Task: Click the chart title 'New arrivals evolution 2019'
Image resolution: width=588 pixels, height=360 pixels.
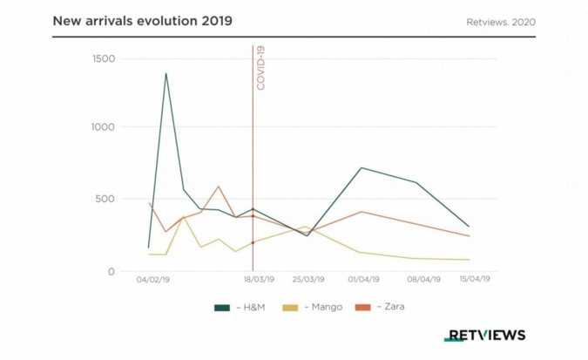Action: click(142, 19)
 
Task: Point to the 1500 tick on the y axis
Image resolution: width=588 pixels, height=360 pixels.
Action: click(104, 58)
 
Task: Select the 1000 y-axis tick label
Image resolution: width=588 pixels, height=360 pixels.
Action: click(104, 127)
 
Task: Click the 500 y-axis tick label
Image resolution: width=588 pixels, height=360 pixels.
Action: click(106, 199)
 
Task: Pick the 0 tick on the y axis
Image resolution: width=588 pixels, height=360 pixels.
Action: click(112, 271)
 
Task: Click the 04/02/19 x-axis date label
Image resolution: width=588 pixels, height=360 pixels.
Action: click(153, 280)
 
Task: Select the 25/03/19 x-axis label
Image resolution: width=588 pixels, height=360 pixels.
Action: click(308, 280)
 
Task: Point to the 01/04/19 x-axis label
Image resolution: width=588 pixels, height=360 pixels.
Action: click(362, 280)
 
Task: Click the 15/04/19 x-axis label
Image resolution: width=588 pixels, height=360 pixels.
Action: click(474, 280)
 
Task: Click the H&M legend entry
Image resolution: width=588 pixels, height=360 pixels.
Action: click(239, 307)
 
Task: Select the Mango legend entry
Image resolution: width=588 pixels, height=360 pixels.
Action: click(317, 307)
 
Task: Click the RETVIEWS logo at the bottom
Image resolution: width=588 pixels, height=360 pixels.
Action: click(484, 335)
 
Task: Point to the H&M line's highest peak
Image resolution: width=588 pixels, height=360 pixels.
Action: click(166, 73)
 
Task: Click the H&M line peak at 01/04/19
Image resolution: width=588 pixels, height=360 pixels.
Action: click(362, 167)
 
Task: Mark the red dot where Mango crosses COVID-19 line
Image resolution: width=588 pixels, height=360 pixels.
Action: click(253, 242)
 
